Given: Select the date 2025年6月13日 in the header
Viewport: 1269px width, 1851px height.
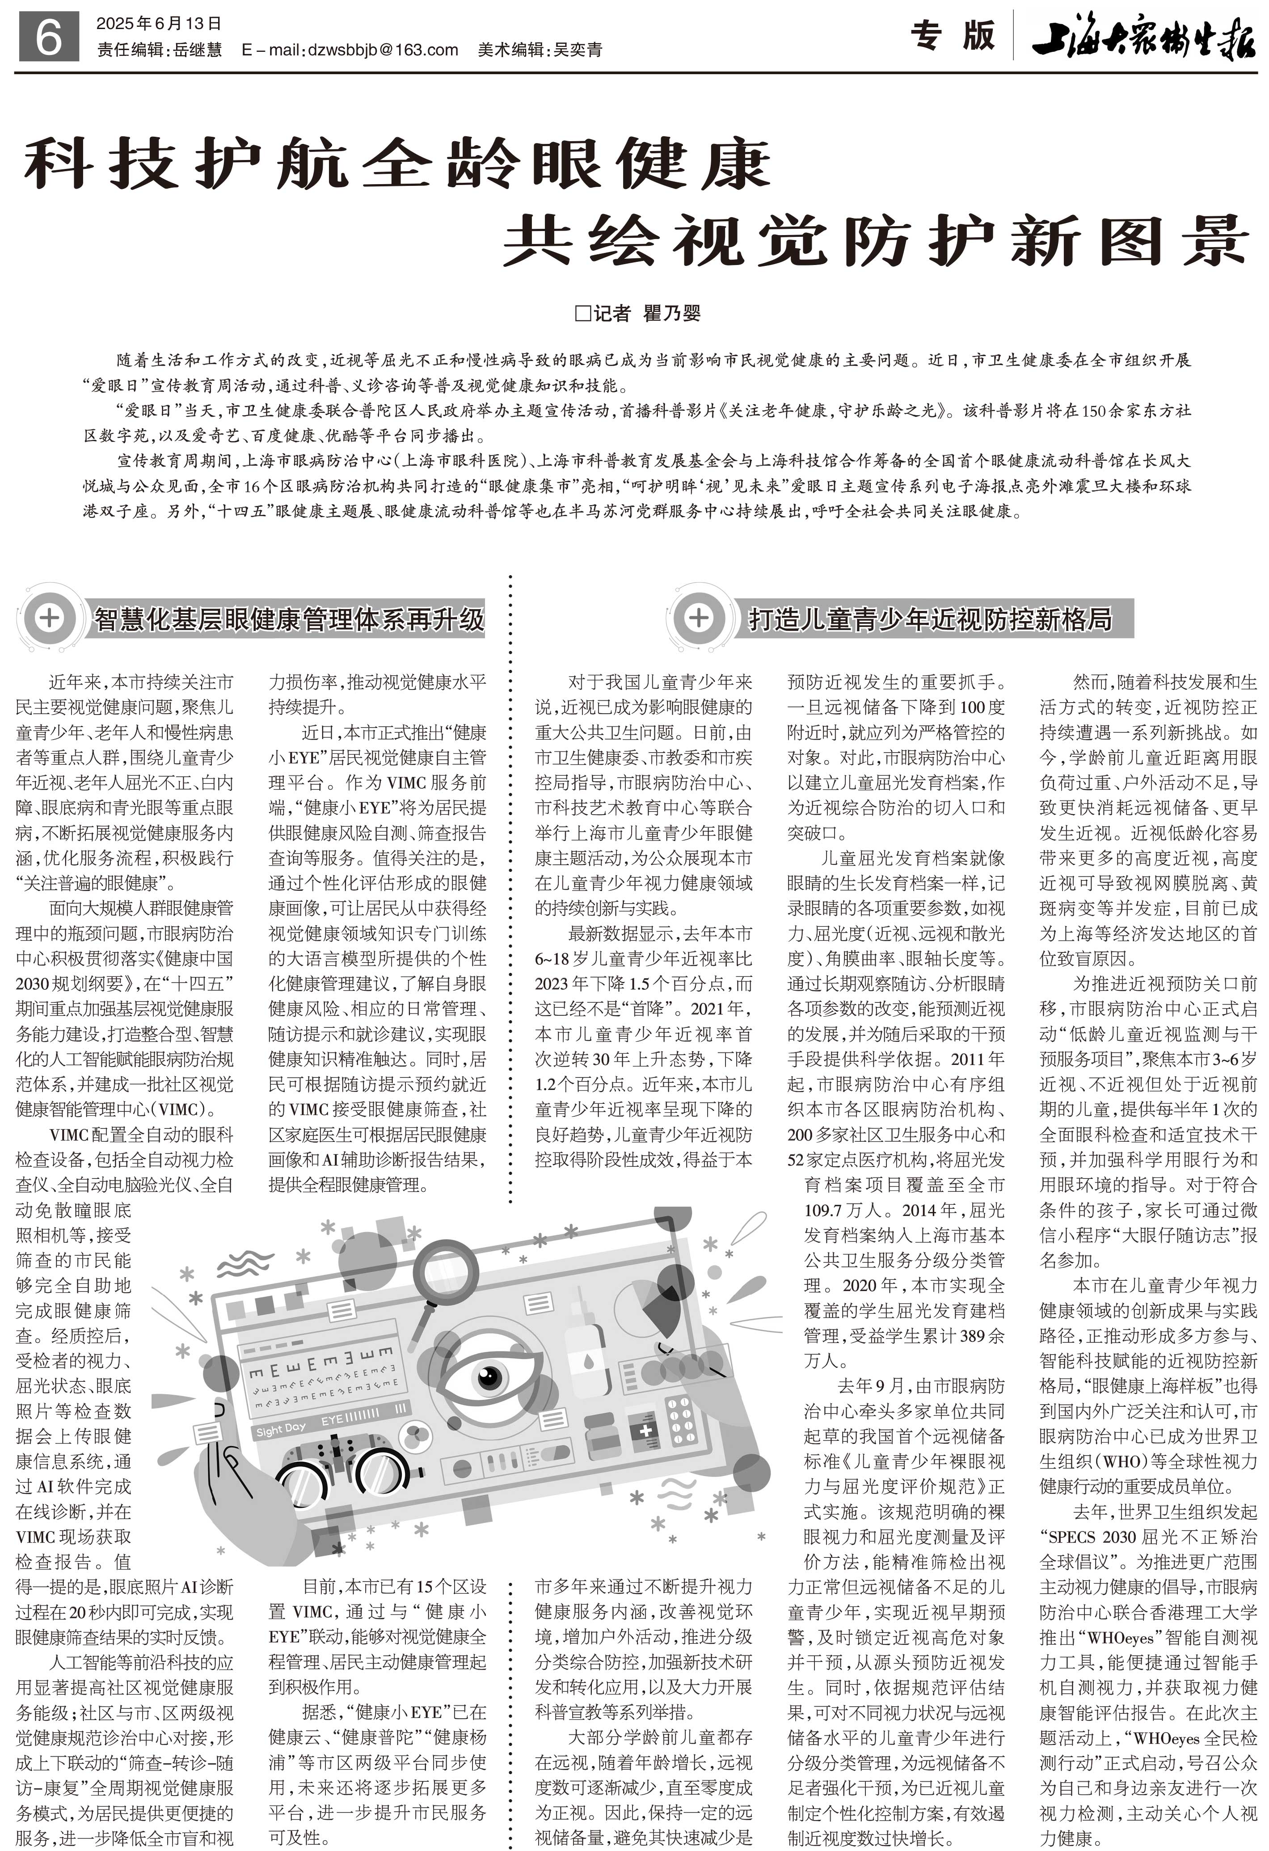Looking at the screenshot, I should coord(159,24).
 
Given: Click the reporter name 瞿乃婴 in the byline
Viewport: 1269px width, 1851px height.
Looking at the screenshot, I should coord(671,313).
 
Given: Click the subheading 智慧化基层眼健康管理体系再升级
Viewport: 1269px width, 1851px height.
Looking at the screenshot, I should coord(289,619).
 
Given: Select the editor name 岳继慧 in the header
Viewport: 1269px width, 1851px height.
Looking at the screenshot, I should coord(198,50).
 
